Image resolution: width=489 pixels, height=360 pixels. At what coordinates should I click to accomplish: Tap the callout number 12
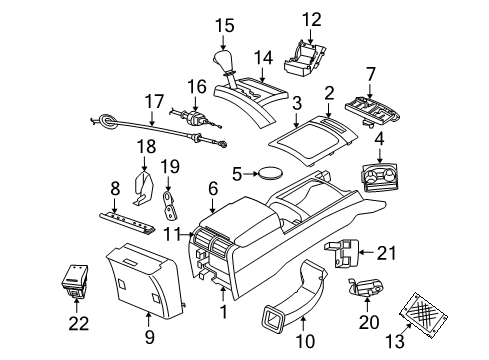(x=313, y=18)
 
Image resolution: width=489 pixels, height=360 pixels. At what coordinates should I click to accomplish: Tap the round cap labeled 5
(x=270, y=173)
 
